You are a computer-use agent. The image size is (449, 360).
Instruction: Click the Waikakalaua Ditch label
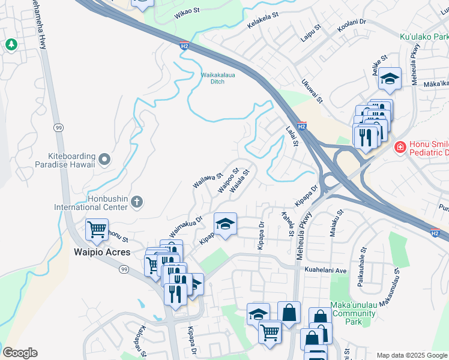[x=212, y=78]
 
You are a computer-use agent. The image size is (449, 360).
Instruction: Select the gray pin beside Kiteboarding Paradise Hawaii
[x=105, y=159]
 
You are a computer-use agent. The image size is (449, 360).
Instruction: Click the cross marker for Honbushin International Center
[x=137, y=202]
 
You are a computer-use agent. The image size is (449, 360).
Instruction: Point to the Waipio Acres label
[x=101, y=252]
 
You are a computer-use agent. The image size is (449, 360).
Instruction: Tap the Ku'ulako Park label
[x=424, y=37]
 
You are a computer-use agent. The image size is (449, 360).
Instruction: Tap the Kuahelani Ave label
[x=326, y=271]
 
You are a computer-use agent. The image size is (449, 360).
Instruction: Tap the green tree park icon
[x=11, y=44]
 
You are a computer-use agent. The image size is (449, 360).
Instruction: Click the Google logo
[x=20, y=353]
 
